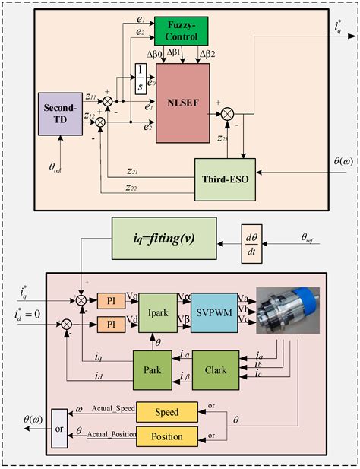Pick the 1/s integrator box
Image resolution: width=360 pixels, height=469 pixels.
[141, 78]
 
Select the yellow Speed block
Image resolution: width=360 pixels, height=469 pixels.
[167, 412]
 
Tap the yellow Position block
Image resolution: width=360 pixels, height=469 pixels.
[167, 436]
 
